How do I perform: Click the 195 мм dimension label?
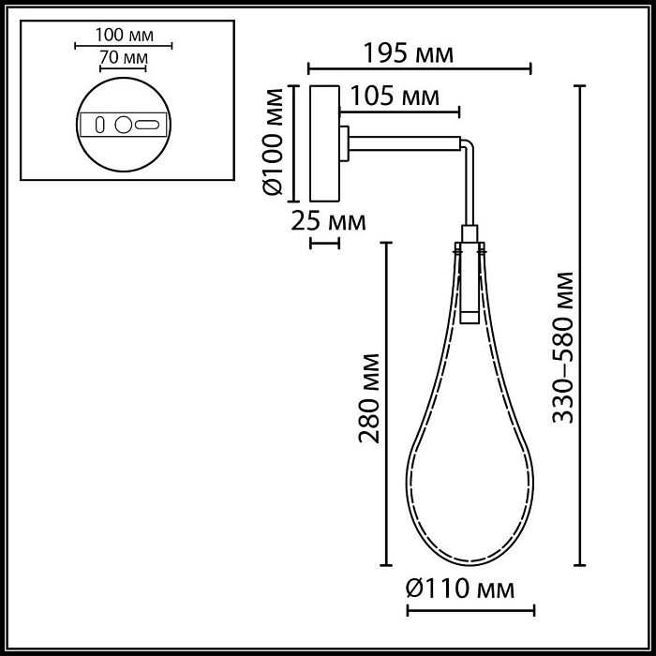[x=410, y=53]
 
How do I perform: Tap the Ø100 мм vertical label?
[x=273, y=143]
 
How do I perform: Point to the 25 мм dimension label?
[x=327, y=221]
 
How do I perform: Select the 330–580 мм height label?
[x=565, y=348]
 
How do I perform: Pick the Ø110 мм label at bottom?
[x=460, y=589]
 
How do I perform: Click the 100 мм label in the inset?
[x=124, y=35]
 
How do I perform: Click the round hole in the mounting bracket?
[x=123, y=124]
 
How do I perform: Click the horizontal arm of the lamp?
[x=408, y=142]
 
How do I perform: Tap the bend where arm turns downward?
[x=468, y=146]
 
